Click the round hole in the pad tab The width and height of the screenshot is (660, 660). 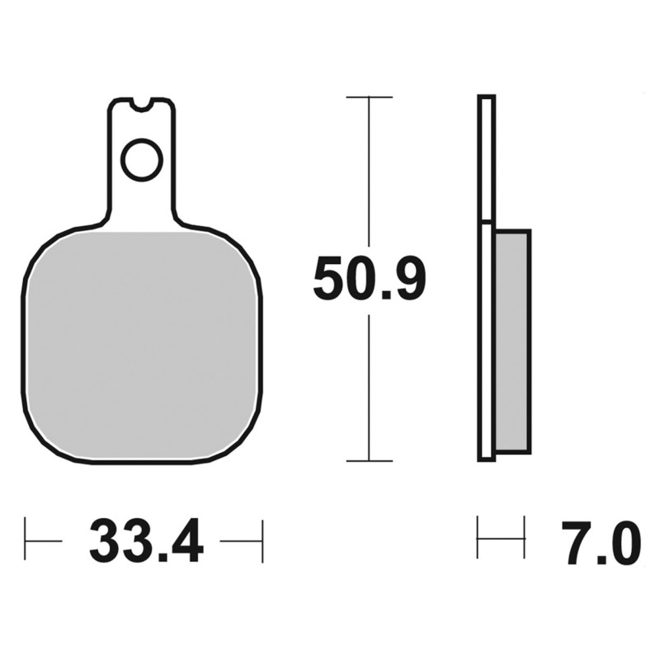(142, 160)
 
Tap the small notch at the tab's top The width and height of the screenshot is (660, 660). (141, 106)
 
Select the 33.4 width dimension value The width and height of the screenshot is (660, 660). (147, 541)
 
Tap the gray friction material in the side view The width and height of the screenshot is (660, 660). (513, 342)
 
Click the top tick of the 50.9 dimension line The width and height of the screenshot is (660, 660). (369, 97)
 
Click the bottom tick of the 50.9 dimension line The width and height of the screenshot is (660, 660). (369, 461)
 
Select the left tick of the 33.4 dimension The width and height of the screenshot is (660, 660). (26, 541)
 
